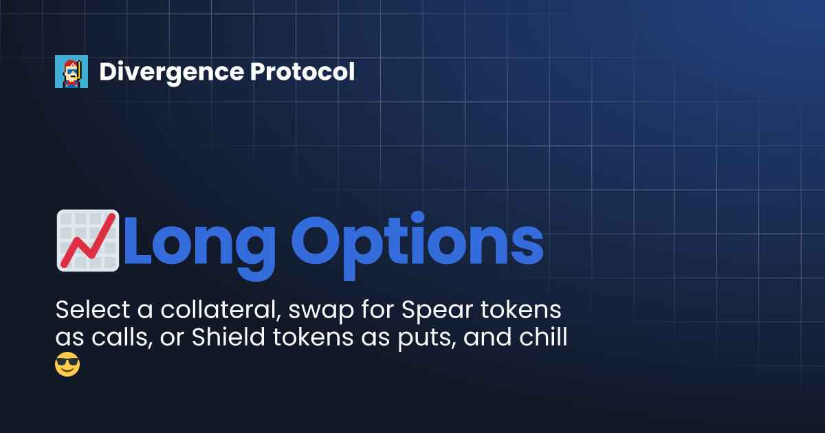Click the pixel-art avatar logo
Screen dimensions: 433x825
coord(71,71)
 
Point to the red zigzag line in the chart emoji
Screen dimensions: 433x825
coord(87,243)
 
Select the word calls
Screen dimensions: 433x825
coord(120,339)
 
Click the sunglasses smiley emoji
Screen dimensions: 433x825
coord(67,364)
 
